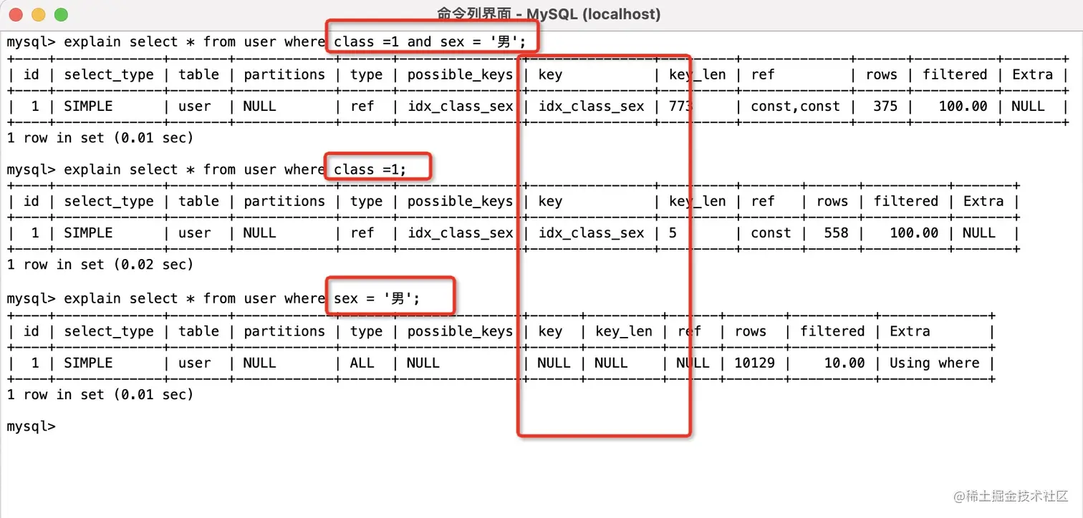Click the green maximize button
coord(61,14)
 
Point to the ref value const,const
coord(795,107)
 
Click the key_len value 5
coord(673,233)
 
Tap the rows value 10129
coord(754,363)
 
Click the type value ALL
coord(362,363)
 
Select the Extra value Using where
coord(934,363)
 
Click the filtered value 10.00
coord(844,363)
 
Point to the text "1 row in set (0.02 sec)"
coord(100,265)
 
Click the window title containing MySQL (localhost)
coord(548,14)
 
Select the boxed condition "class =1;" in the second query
coord(370,170)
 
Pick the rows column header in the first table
coord(881,74)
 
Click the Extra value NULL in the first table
coord(1028,107)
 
